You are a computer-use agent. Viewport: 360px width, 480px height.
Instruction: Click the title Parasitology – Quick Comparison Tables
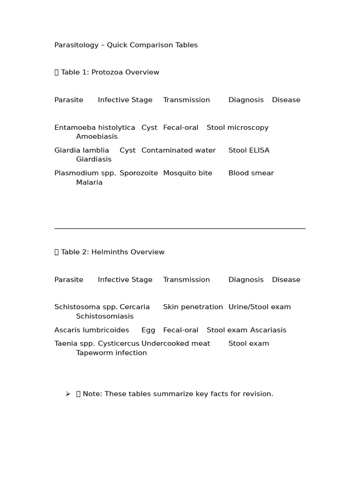pos(126,45)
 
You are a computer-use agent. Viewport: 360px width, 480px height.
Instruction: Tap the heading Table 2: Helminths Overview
pos(112,252)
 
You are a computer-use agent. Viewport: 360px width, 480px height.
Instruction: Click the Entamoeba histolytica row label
pos(95,127)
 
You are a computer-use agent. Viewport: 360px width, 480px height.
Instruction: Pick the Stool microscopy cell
pos(238,127)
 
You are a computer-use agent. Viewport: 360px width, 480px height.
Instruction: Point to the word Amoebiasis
pos(97,136)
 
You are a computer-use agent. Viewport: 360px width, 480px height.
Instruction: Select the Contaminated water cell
pos(179,150)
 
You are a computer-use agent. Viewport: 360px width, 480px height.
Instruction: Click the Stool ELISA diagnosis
pos(249,150)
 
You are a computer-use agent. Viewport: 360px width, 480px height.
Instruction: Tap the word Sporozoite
pos(139,173)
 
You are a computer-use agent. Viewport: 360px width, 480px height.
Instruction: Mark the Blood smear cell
pos(251,173)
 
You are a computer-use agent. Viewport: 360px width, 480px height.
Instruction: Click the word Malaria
pos(89,182)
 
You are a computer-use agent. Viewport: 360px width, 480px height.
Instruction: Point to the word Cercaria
pos(135,307)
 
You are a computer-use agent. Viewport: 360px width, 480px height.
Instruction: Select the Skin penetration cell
pos(193,307)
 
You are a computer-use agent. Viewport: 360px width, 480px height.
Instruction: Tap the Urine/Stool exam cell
pos(260,307)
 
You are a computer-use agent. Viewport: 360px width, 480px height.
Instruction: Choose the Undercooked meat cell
pos(176,344)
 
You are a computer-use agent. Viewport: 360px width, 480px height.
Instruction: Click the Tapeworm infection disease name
pos(112,353)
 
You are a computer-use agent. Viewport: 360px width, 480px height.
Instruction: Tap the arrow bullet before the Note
pos(68,394)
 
